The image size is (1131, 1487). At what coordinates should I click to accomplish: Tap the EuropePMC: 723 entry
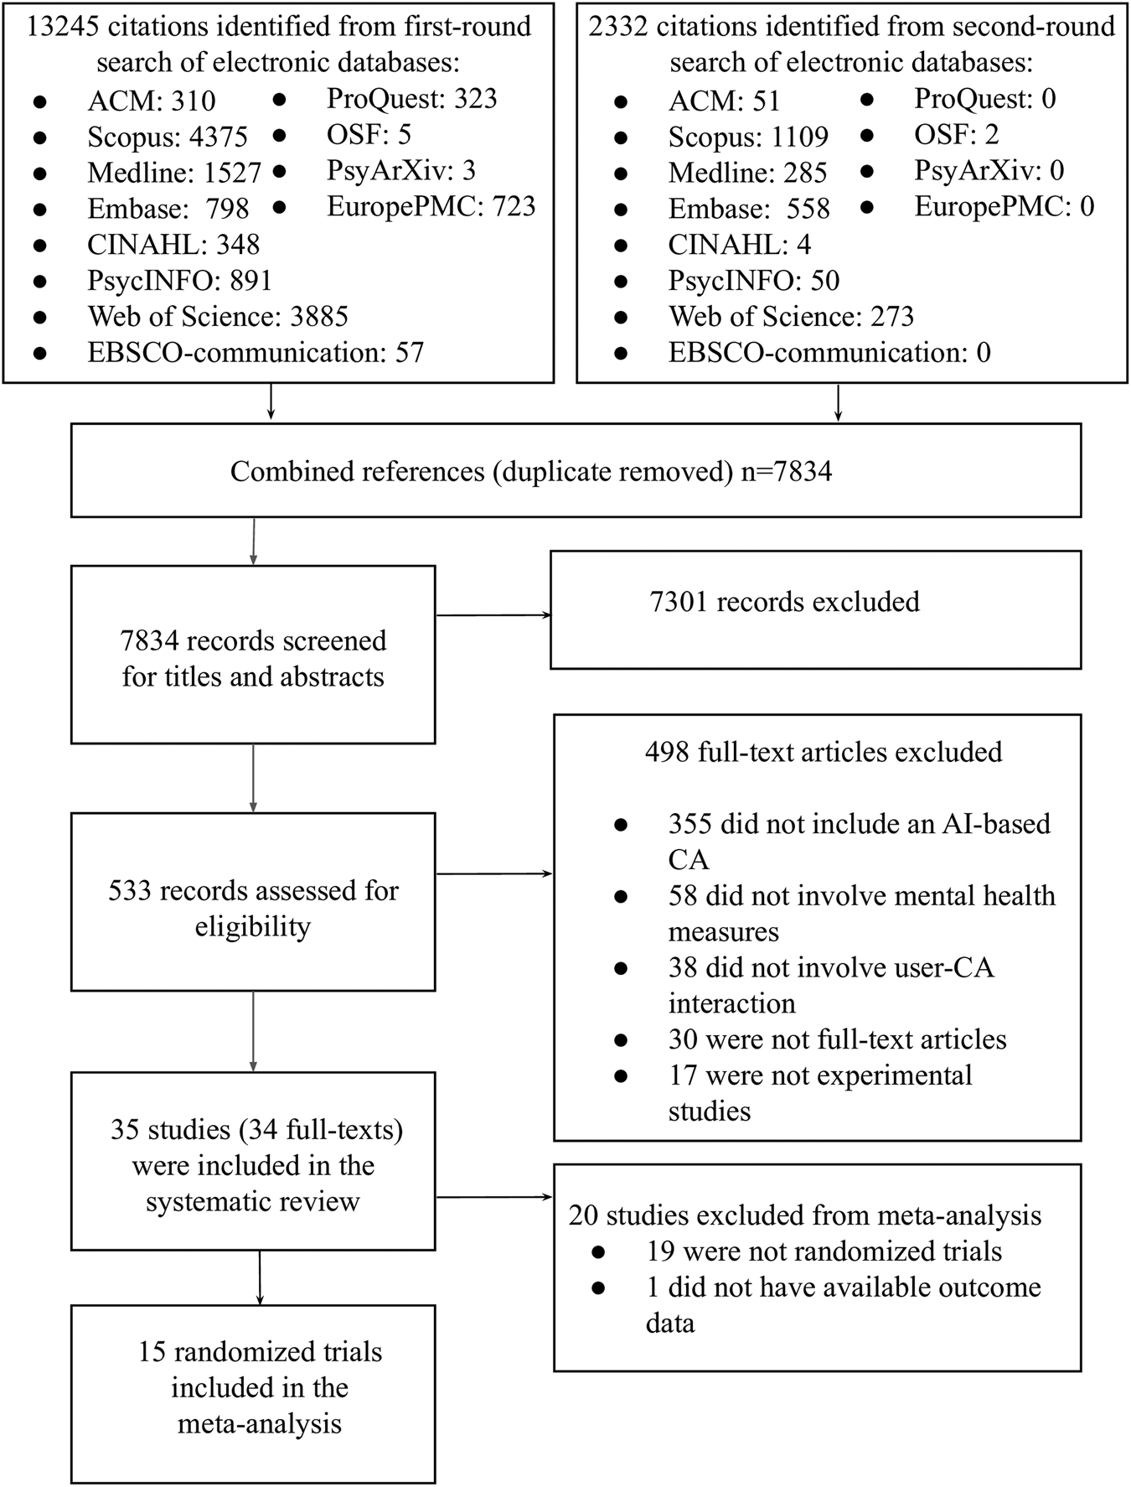click(x=431, y=206)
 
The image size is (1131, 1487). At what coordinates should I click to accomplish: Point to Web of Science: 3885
click(x=218, y=316)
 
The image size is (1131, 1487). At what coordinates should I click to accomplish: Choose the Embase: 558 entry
click(x=748, y=209)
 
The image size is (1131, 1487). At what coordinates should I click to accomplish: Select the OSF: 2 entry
click(x=956, y=135)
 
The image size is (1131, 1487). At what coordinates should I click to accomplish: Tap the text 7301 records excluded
click(x=784, y=601)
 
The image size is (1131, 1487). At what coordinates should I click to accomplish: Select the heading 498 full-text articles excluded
click(x=823, y=752)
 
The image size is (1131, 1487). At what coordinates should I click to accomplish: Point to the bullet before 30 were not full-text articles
click(x=621, y=1040)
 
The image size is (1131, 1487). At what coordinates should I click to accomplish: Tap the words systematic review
click(x=253, y=1201)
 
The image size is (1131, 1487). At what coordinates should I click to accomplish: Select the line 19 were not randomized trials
click(x=824, y=1251)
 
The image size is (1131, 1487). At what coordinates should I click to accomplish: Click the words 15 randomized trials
click(x=260, y=1351)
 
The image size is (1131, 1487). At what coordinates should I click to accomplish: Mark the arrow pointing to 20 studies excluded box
click(x=494, y=1197)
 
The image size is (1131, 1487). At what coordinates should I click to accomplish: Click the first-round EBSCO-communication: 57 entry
click(x=256, y=352)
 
